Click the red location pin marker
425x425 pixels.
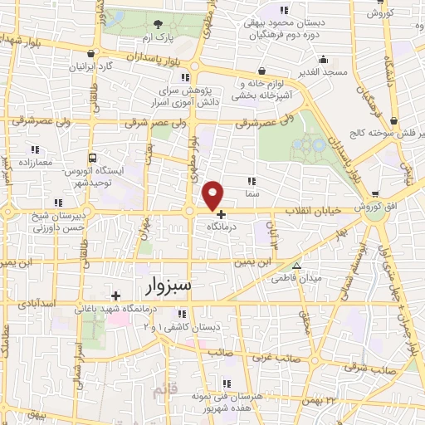(x=213, y=195)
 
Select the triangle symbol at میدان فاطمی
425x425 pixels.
(x=296, y=266)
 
